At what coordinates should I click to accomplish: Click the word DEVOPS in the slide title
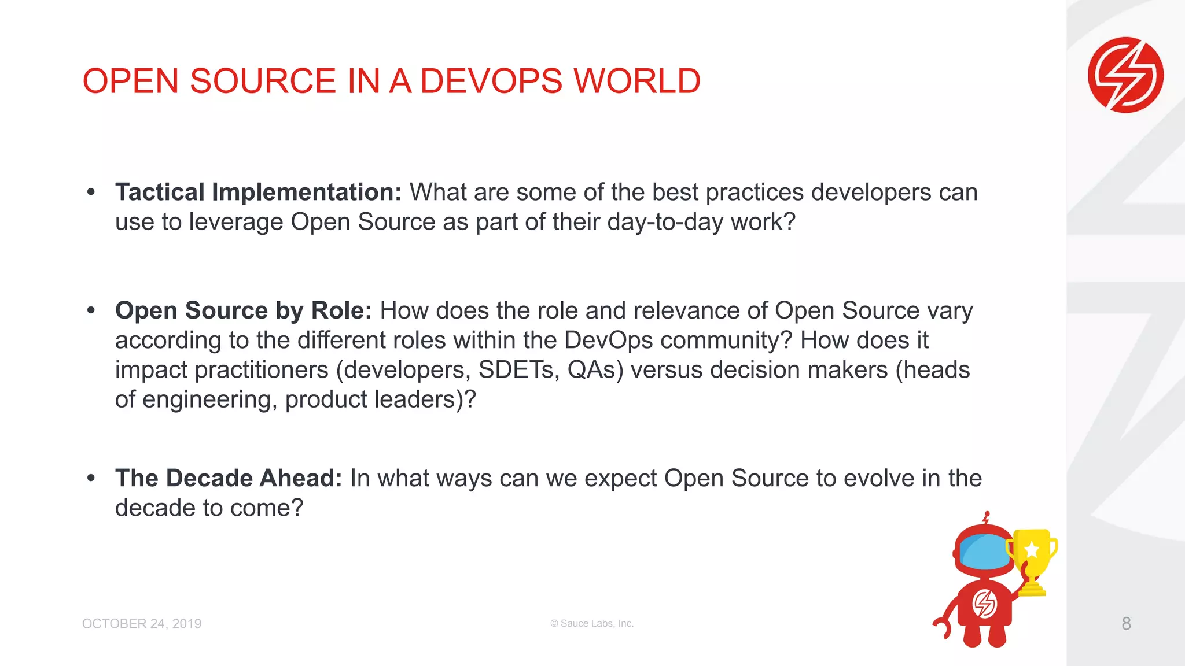(491, 81)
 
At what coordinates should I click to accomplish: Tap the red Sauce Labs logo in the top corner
(1125, 75)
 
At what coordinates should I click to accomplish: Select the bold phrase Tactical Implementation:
(258, 193)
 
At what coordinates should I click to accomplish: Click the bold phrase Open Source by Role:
(243, 311)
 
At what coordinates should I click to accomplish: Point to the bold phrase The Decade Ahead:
(229, 479)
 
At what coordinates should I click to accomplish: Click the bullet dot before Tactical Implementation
(91, 192)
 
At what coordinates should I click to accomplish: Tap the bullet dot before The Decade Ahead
(91, 478)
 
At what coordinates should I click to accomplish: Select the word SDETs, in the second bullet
(519, 370)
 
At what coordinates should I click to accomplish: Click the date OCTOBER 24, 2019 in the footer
(142, 624)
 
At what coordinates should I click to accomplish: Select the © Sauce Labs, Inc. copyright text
(592, 623)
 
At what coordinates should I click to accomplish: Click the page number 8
(1126, 623)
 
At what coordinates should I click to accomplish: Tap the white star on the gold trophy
(1032, 549)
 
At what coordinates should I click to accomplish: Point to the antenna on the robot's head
(987, 517)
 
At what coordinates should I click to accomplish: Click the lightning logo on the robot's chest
(984, 604)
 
